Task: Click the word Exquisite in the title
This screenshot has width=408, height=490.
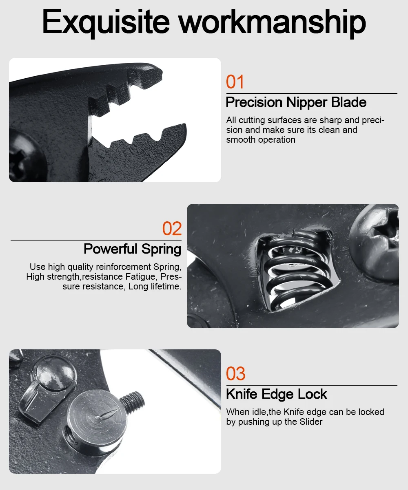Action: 106,23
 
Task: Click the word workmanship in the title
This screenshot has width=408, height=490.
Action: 273,23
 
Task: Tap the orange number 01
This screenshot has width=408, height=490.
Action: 235,82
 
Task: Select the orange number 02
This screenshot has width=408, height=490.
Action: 172,228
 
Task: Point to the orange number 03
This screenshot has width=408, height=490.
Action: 235,373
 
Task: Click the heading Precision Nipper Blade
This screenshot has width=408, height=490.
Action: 296,102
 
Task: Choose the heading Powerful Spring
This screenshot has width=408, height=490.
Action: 133,249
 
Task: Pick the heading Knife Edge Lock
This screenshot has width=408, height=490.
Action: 277,394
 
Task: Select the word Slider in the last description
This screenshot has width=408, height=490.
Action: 311,422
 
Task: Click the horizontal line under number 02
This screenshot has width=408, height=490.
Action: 96,240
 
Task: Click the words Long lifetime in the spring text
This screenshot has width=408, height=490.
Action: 155,287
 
